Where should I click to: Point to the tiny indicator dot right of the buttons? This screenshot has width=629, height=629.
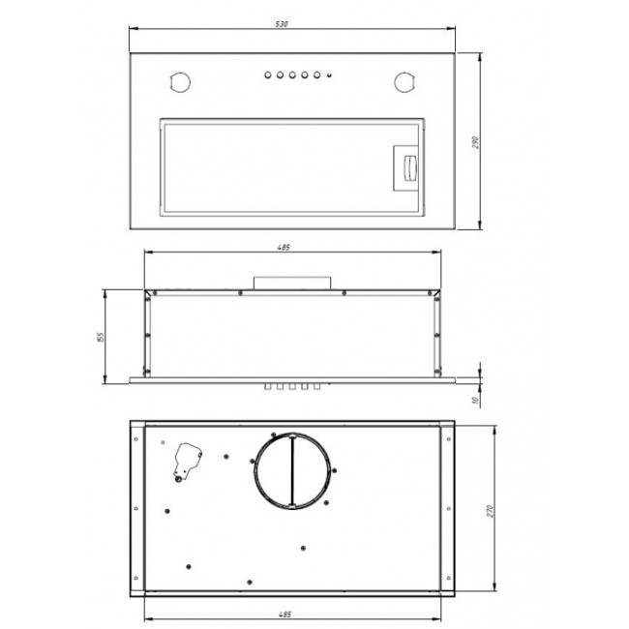point(329,75)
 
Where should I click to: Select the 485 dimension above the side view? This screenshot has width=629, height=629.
point(284,248)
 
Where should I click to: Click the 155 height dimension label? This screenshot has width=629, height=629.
point(100,337)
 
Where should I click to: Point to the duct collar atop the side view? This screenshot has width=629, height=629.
point(293,282)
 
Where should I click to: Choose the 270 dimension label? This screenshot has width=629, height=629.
point(490,510)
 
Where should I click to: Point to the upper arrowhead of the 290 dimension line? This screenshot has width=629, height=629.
point(482,57)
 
